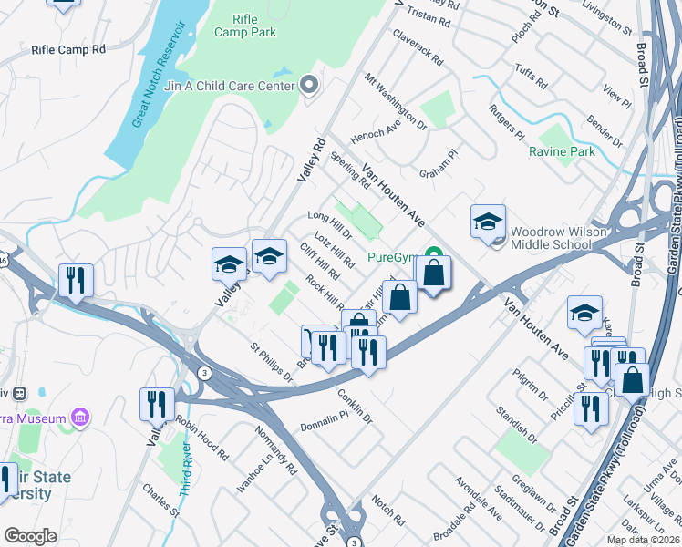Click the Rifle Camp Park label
pyautogui.click(x=245, y=26)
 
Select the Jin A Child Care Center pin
pyautogui.click(x=309, y=86)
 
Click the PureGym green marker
pyautogui.click(x=435, y=257)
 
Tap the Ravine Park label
pyautogui.click(x=562, y=151)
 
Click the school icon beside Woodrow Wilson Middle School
pyautogui.click(x=488, y=222)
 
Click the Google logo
pyautogui.click(x=30, y=536)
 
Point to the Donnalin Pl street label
pyautogui.click(x=325, y=420)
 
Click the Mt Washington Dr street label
pyautogui.click(x=395, y=101)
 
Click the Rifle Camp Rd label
pyautogui.click(x=68, y=48)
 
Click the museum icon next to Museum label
pyautogui.click(x=80, y=418)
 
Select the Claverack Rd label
pyautogui.click(x=417, y=50)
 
